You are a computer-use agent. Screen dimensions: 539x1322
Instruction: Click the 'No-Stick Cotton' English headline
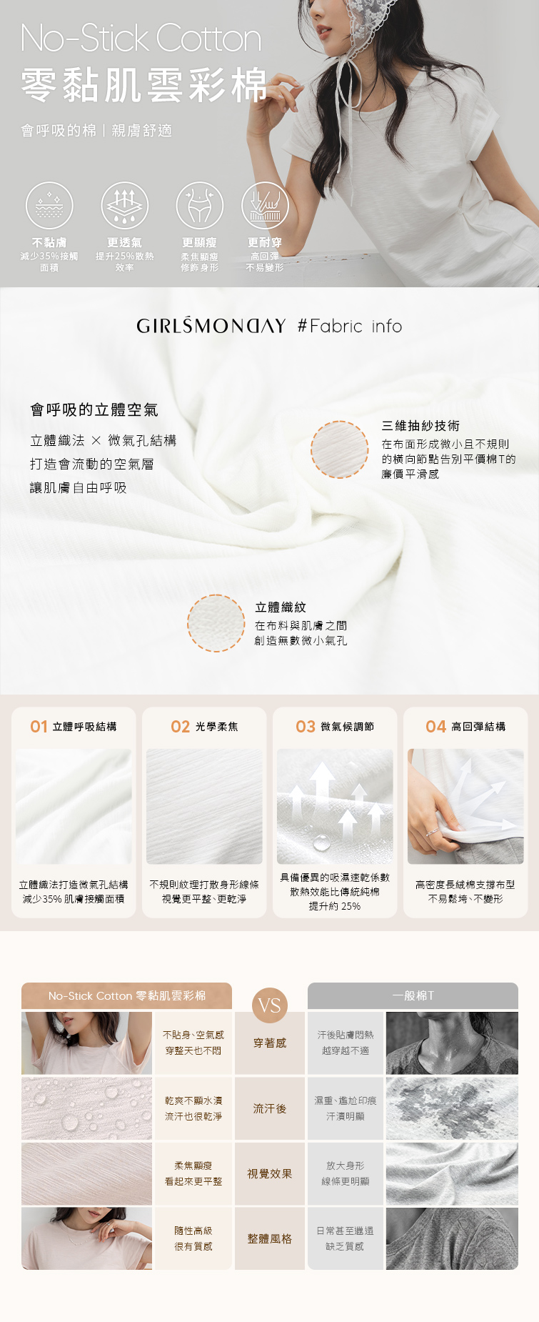tap(141, 38)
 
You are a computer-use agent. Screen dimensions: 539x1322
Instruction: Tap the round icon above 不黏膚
tap(49, 205)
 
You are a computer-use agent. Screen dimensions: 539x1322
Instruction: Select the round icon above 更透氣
tap(125, 205)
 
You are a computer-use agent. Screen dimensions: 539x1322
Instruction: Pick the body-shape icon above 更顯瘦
tap(200, 205)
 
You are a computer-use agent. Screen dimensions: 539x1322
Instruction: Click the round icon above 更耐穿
tap(265, 205)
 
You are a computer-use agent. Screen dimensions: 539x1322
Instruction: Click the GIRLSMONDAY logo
tap(211, 326)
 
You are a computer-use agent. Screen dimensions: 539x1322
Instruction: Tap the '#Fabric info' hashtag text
tap(350, 327)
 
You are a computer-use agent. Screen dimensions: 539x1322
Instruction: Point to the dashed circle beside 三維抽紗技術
tap(340, 449)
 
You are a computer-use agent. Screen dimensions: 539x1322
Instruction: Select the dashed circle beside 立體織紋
tap(216, 623)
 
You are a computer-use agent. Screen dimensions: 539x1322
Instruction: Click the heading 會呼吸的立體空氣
tap(94, 409)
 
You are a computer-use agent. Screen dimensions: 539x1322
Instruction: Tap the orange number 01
tap(39, 727)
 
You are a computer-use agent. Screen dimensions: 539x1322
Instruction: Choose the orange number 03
tap(306, 727)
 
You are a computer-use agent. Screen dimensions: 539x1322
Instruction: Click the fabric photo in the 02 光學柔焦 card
tap(204, 807)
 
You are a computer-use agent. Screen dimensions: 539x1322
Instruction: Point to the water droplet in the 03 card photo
tap(322, 843)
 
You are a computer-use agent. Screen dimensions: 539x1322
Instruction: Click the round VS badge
tap(270, 1005)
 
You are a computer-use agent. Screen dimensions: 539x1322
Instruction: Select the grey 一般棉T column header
tap(413, 995)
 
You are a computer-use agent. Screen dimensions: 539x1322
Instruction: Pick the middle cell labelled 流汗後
tap(270, 1108)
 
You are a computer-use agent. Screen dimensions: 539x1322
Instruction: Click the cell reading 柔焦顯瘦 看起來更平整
tap(193, 1173)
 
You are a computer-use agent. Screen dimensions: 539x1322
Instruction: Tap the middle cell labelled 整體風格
tap(270, 1238)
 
